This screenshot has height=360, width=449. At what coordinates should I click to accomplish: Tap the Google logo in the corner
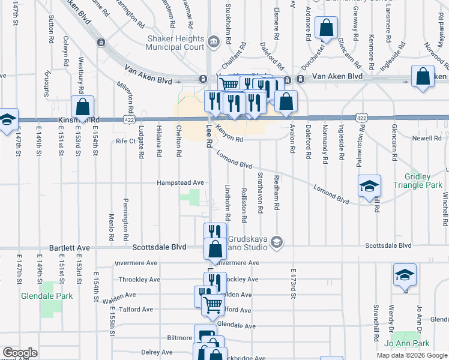tap(20, 353)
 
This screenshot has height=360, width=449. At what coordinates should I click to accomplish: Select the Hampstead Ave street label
tap(180, 182)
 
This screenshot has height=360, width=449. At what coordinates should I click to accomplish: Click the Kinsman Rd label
tap(77, 121)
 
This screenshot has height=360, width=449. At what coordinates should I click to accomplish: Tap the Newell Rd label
tap(426, 139)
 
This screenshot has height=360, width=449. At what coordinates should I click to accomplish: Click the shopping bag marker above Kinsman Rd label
tap(83, 107)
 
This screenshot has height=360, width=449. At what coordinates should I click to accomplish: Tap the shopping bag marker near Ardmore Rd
tap(326, 27)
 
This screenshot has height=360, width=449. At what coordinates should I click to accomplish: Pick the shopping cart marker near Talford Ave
tap(212, 306)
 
